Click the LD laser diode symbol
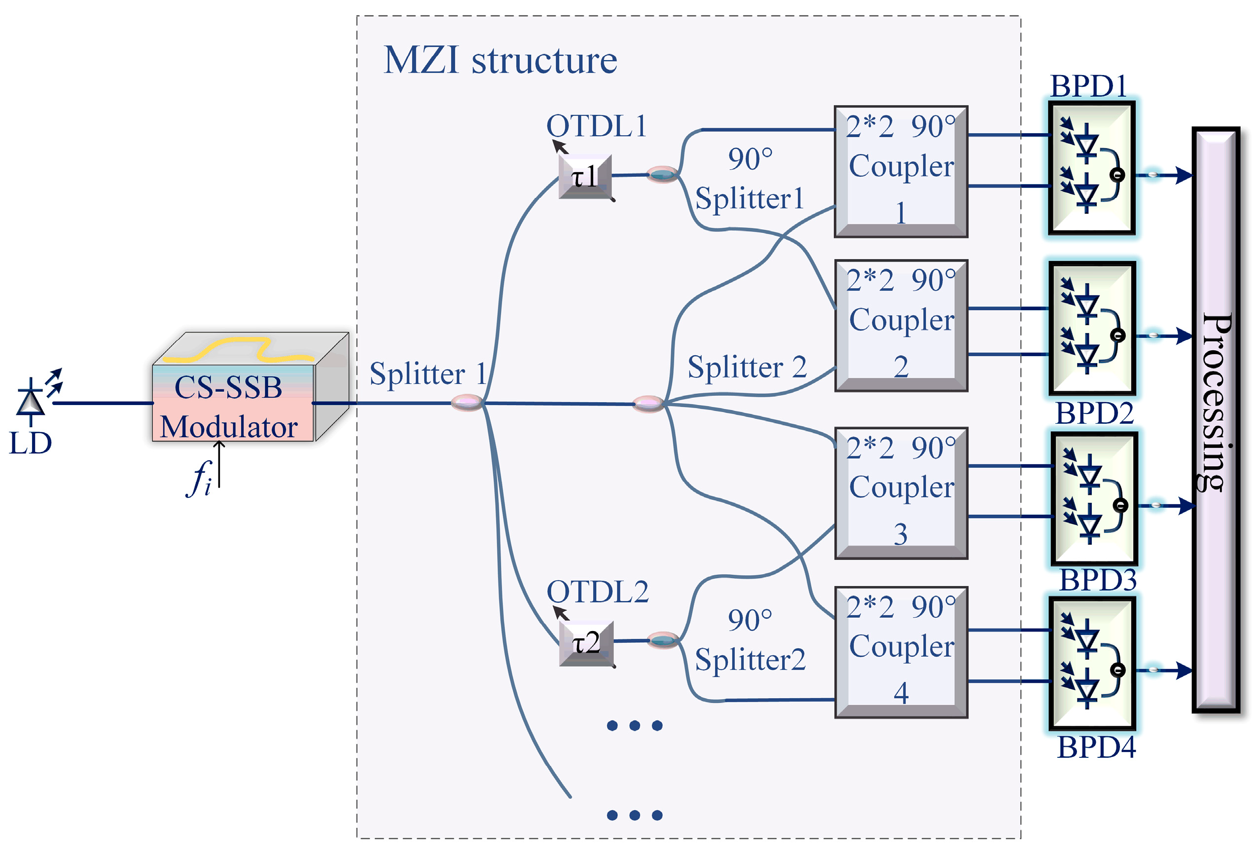(31, 402)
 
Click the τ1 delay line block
(585, 177)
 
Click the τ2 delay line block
(586, 643)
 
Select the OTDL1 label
(596, 126)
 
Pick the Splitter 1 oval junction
(467, 403)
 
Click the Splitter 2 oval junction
(648, 404)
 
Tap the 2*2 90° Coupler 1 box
(900, 171)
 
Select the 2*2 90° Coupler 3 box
(900, 493)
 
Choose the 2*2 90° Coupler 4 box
(900, 652)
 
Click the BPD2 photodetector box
(1092, 329)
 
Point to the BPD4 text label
(1096, 747)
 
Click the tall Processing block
(1215, 420)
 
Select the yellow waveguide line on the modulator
(238, 350)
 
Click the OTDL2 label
(597, 592)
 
